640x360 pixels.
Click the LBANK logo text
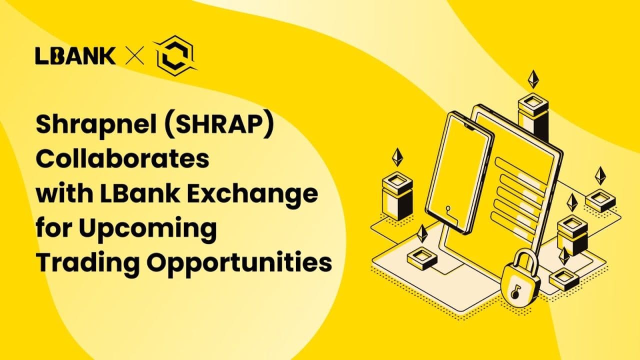(75, 55)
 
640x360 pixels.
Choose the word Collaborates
(122, 158)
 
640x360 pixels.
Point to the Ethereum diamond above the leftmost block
(397, 157)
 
